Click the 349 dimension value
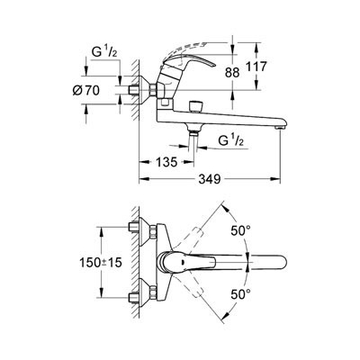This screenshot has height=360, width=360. tap(209, 179)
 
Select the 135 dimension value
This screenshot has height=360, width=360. tap(166, 162)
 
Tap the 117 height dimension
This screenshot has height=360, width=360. tap(256, 67)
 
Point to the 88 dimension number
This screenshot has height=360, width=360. tap(232, 72)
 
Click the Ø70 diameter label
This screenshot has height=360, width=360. tap(85, 90)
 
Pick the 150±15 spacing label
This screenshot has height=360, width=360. tap(101, 263)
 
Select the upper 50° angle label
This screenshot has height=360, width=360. tap(240, 230)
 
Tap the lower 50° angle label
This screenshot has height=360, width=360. tap(240, 294)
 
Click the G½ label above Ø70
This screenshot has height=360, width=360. tap(104, 52)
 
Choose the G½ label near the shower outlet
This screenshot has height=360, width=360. tap(231, 139)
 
